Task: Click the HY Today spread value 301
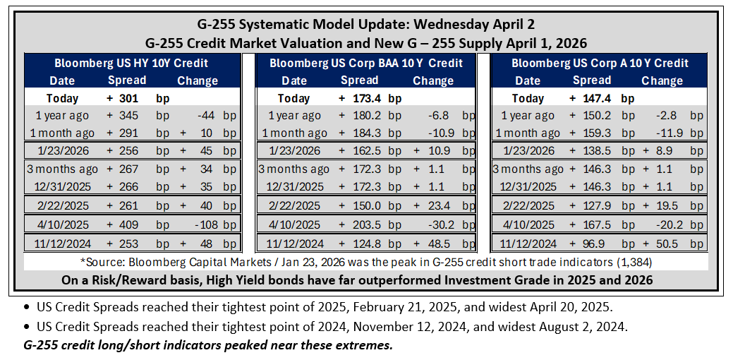tap(129, 99)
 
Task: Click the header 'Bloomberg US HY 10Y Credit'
tap(131, 63)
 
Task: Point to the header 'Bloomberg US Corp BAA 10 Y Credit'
tap(366, 63)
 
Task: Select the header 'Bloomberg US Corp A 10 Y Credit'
tap(600, 63)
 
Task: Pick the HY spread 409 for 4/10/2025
tap(129, 225)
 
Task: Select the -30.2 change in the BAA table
tap(442, 225)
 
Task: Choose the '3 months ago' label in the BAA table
tap(293, 169)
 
